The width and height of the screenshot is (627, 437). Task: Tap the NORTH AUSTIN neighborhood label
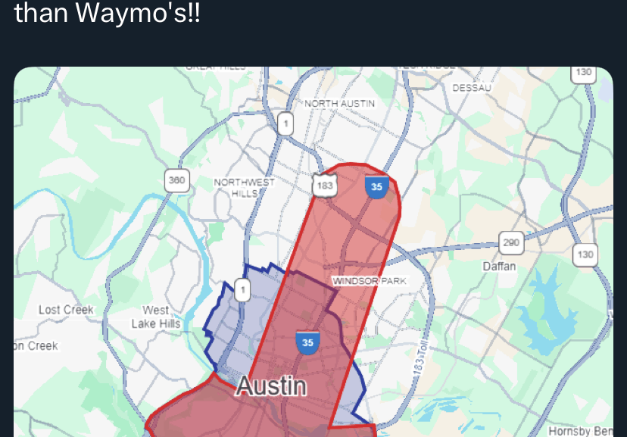[339, 103]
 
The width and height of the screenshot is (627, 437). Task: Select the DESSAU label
[472, 88]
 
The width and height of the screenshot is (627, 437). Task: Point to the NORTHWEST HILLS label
[244, 188]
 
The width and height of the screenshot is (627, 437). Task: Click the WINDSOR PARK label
[370, 281]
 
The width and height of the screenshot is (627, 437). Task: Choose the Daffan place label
[499, 266]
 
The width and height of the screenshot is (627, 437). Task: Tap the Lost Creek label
[66, 310]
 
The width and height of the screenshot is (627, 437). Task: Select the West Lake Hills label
[156, 317]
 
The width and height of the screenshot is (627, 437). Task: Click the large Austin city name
[270, 385]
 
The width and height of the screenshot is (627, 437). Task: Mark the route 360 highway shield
[176, 180]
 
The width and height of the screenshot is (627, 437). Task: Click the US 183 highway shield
[325, 186]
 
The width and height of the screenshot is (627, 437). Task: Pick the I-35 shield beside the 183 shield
[376, 186]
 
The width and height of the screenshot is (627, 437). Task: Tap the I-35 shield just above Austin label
[307, 342]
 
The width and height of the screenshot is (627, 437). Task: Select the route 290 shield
[511, 243]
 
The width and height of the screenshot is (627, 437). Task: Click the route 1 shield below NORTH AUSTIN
[285, 123]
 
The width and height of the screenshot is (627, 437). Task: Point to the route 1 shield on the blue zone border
[242, 290]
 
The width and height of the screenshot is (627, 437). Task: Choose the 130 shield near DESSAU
[583, 73]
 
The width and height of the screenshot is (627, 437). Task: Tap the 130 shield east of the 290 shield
[585, 254]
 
